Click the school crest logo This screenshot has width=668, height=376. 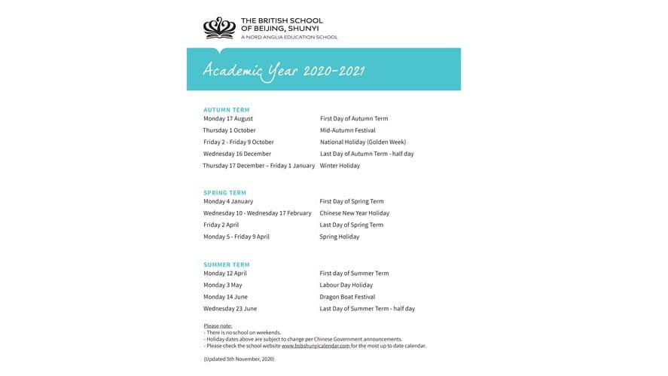tap(219, 28)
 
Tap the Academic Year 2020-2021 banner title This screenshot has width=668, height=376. tap(284, 71)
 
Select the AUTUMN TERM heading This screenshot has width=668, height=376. tap(226, 110)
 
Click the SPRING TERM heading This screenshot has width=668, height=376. tap(224, 193)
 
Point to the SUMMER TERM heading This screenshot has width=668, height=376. tap(226, 264)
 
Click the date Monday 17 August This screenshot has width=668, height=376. tap(228, 119)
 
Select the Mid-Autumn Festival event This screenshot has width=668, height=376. tap(347, 130)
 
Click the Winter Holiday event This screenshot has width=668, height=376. tap(340, 166)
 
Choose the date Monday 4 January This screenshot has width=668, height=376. tap(228, 202)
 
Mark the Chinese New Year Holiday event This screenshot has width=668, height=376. tap(355, 213)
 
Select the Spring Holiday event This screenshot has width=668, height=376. tap(340, 237)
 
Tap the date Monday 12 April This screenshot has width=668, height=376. tap(225, 274)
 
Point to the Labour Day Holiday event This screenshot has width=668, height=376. tap(346, 286)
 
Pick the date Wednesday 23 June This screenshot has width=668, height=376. tap(230, 309)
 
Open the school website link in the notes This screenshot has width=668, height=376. tap(316, 346)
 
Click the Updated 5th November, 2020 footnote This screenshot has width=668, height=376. tap(239, 359)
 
